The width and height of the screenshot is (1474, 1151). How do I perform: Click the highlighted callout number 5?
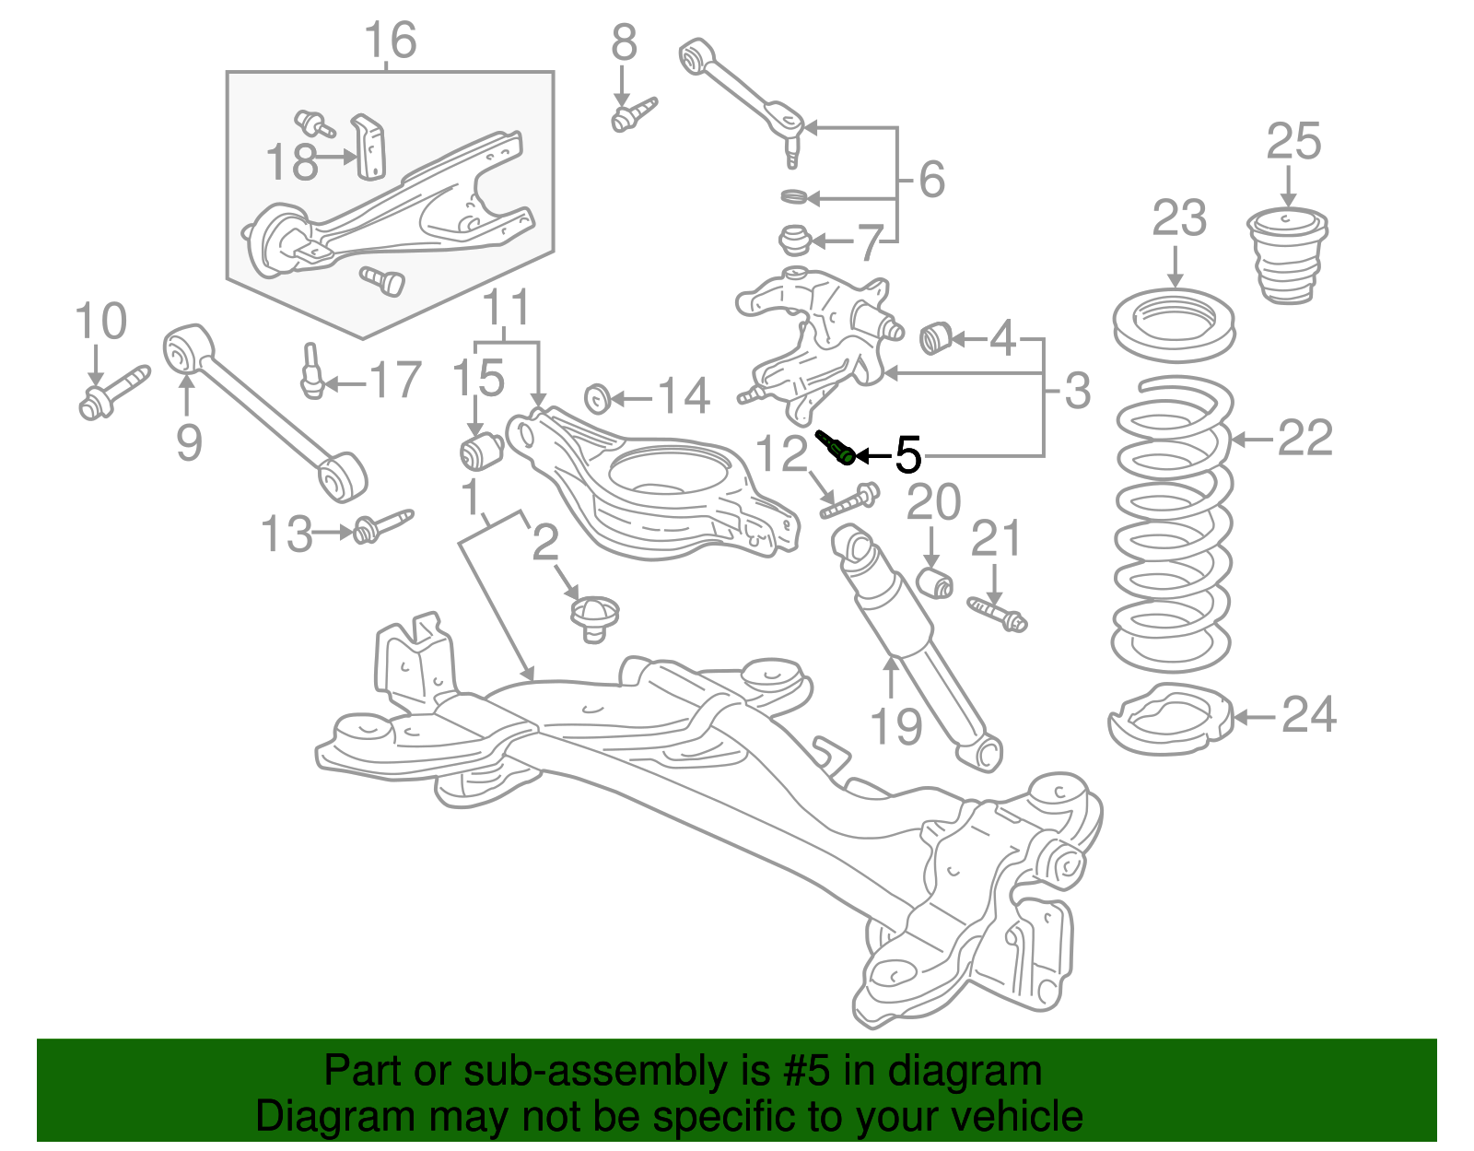pos(908,455)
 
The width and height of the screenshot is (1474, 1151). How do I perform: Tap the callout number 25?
pos(1293,143)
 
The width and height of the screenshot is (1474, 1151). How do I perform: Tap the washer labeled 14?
pos(598,398)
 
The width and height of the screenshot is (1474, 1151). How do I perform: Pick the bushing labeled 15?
pos(480,451)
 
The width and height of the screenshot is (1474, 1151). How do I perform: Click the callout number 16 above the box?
pos(390,41)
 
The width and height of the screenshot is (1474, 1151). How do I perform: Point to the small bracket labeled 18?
pos(370,147)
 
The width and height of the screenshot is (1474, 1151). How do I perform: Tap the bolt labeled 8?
pos(633,114)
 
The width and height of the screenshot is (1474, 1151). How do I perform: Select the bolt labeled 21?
pos(998,613)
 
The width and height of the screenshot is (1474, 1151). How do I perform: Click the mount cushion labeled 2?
pos(593,616)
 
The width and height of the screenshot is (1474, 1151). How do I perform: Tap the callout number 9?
pos(189,443)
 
